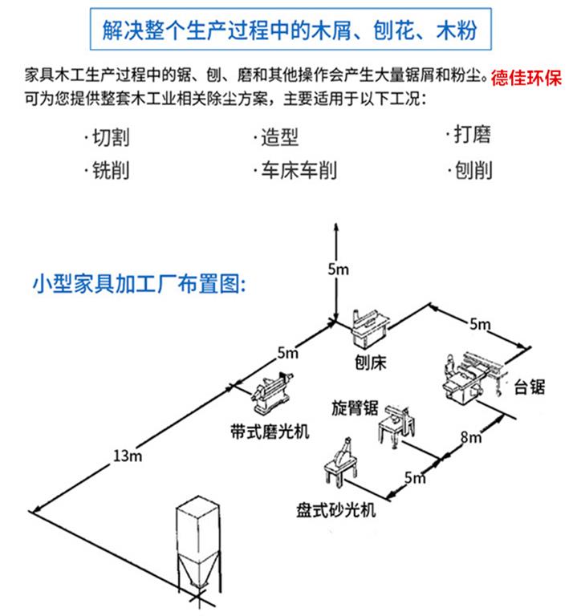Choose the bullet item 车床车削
(294, 171)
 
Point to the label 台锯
(530, 387)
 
